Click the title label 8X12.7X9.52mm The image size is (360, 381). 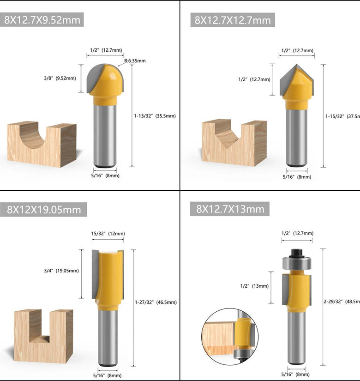coord(42,19)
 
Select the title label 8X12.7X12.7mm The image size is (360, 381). coord(233,20)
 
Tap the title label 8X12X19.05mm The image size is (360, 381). coord(44,210)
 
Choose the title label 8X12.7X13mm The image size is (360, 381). coord(230,209)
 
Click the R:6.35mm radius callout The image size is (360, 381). coord(136,60)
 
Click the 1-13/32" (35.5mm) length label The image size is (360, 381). coord(156,115)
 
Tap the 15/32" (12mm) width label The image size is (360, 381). coord(108,234)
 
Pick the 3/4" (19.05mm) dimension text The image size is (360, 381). coord(61,271)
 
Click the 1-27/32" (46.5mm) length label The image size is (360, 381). coord(156,302)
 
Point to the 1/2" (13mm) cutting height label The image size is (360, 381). coord(254,286)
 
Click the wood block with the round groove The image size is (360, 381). coord(42,144)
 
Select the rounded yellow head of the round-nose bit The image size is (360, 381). coord(107,80)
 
